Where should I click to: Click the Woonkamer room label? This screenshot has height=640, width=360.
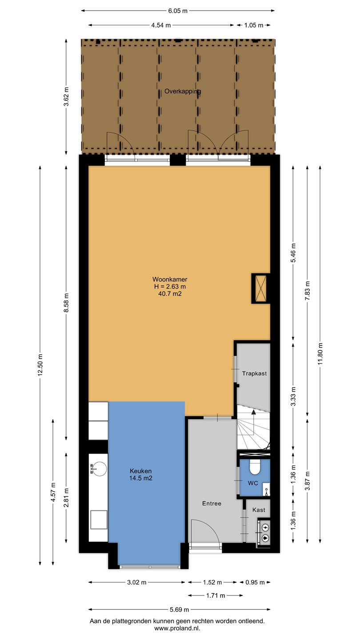click(170, 279)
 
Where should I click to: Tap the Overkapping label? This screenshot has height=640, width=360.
click(183, 92)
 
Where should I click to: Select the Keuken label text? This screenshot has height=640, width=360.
click(140, 471)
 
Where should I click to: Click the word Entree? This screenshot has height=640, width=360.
click(212, 504)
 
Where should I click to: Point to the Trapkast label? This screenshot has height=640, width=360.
click(254, 373)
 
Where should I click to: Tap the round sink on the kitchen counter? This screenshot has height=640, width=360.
click(100, 468)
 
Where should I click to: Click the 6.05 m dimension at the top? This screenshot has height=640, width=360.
click(178, 11)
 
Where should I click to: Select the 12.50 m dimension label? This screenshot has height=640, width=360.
click(40, 364)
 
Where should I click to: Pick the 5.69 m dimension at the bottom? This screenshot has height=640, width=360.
click(180, 609)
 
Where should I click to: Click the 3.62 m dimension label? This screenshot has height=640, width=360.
click(66, 96)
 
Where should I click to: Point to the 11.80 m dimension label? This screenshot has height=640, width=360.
click(320, 353)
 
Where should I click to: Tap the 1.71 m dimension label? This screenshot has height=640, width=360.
click(216, 596)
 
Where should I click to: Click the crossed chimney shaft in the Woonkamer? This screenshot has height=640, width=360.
click(260, 288)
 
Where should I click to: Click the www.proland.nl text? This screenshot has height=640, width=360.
click(177, 628)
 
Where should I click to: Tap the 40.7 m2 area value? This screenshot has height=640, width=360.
click(170, 293)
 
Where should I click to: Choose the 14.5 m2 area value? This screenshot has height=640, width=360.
click(140, 478)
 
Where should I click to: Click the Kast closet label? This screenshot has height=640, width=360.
click(259, 510)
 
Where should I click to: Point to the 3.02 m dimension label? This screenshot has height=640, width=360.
click(137, 582)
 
